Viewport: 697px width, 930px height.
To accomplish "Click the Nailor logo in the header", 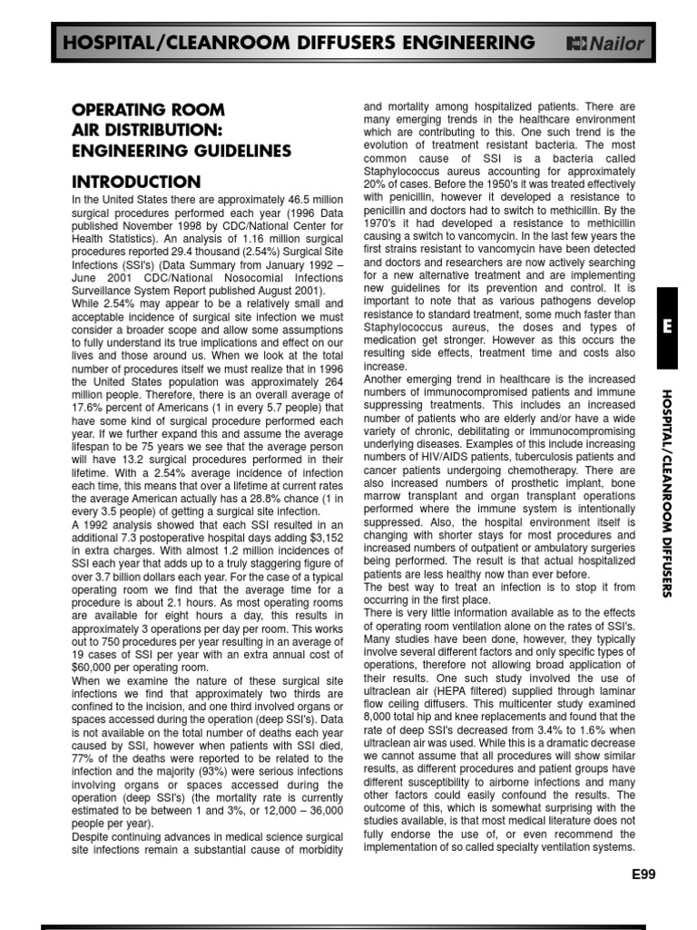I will coord(605,43).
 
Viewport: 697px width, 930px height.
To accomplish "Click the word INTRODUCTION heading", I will coord(136,182).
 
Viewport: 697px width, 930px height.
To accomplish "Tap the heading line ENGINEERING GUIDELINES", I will coord(182,150).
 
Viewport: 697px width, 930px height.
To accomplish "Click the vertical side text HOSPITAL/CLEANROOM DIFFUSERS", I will coord(666,492).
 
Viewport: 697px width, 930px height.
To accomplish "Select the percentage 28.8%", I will coord(283,499).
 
